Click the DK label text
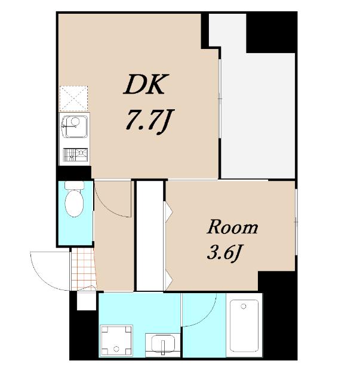[146, 84]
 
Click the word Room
[232, 227]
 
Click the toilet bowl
[75, 203]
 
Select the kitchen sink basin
[75, 127]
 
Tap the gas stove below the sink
[75, 155]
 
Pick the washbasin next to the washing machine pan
[163, 344]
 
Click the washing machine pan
[117, 341]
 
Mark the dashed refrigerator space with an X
[73, 98]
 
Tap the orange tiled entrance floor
[84, 269]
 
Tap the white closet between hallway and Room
[150, 236]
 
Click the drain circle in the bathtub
[244, 306]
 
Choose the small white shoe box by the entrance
[87, 300]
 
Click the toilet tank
[75, 185]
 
